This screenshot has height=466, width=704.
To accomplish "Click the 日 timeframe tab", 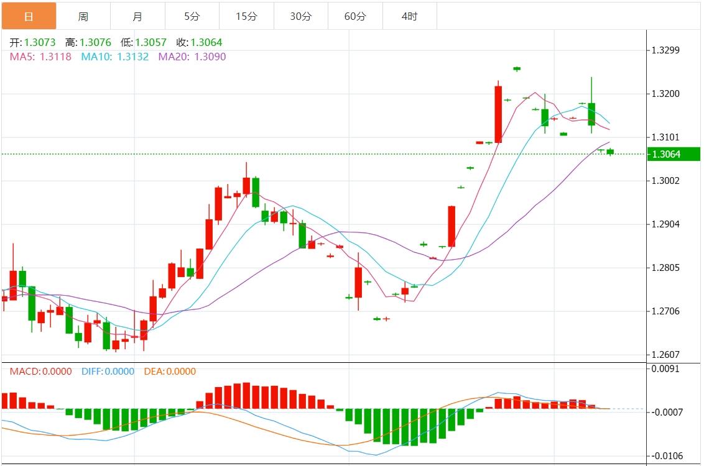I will (x=29, y=16).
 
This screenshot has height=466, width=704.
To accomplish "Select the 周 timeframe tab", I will (x=83, y=16).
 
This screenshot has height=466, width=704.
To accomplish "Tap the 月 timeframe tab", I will (x=137, y=16).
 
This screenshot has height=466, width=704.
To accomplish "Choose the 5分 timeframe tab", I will (x=192, y=16).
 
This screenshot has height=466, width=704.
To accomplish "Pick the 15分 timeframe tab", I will (x=246, y=16).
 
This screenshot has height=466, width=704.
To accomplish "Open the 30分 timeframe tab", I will (x=300, y=16).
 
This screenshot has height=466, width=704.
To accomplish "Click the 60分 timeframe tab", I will (x=355, y=16).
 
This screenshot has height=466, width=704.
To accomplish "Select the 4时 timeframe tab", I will (x=409, y=16).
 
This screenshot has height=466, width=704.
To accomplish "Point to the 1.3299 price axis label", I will (x=666, y=50).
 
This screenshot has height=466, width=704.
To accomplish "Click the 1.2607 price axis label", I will (x=666, y=355).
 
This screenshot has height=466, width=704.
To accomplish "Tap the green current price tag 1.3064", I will (x=673, y=154).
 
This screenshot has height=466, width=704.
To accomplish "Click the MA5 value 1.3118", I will (x=55, y=57).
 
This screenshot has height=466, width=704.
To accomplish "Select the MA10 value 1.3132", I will (x=131, y=57).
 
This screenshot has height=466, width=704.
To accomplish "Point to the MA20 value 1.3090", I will (x=210, y=57).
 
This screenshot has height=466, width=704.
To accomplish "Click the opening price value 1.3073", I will (x=40, y=43).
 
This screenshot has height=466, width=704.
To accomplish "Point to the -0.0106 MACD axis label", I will (x=667, y=456).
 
